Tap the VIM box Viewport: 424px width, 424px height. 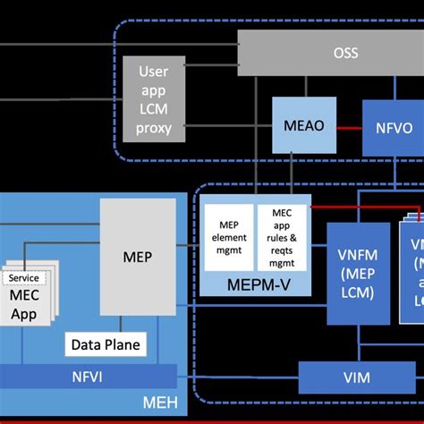[356, 378]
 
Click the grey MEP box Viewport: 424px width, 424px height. [137, 257]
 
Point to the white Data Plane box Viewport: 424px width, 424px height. [106, 344]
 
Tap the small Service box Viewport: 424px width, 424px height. [24, 277]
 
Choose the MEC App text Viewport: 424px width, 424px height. [24, 304]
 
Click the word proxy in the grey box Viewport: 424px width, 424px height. [154, 128]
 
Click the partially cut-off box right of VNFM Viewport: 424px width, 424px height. [413, 268]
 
